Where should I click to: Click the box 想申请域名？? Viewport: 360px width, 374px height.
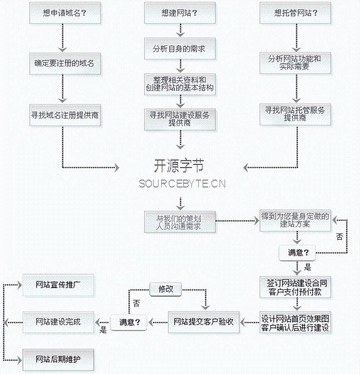tap(65, 13)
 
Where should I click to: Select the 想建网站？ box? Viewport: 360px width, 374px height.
tap(180, 13)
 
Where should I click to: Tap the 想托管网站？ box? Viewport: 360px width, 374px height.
tap(295, 13)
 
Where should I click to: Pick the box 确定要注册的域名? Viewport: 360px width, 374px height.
tap(65, 63)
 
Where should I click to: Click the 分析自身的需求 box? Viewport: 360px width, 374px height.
tap(180, 49)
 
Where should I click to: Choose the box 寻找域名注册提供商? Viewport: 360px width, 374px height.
tap(65, 115)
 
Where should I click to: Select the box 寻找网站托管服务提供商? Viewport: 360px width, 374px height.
tap(295, 114)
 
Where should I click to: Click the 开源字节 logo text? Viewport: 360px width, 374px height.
tap(179, 166)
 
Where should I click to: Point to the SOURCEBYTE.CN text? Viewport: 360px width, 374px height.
tap(182, 184)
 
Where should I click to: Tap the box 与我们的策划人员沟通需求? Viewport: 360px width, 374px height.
tap(180, 222)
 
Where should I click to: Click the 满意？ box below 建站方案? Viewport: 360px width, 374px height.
tap(297, 253)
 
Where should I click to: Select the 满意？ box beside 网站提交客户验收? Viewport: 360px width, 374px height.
tap(129, 322)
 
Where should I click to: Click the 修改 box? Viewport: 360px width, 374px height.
tap(166, 289)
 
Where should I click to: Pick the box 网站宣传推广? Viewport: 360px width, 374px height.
tap(58, 285)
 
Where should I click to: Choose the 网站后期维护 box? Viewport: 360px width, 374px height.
tap(58, 360)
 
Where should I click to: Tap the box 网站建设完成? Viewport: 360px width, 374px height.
tap(58, 322)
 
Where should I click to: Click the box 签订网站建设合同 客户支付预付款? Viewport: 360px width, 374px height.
tap(295, 287)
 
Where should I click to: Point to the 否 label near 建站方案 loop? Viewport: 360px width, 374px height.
tap(339, 237)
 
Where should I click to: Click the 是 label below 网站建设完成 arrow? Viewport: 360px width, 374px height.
tap(103, 330)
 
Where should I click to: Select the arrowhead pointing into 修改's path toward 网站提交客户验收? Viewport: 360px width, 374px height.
tap(205, 307)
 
